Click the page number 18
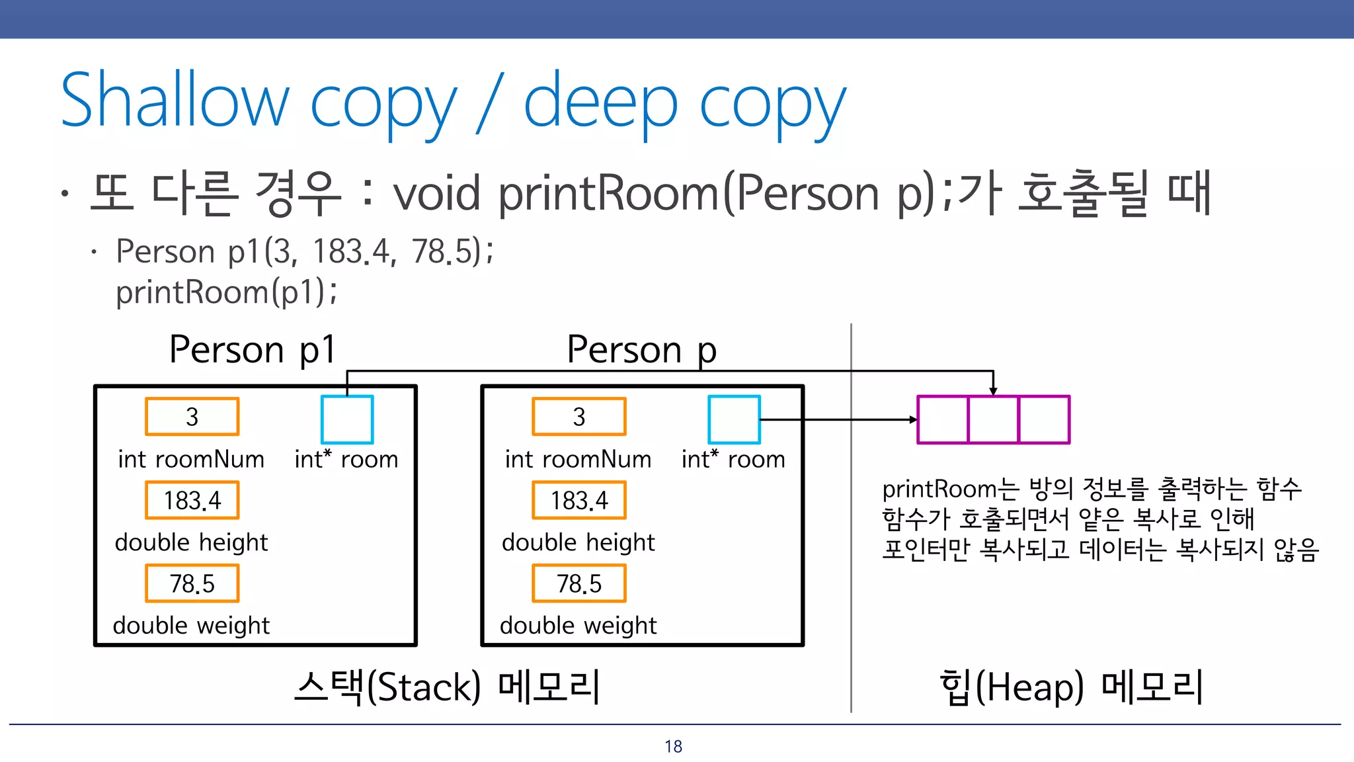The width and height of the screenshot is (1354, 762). (x=673, y=746)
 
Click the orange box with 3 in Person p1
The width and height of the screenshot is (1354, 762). (x=192, y=417)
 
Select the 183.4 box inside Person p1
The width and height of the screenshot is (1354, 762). (x=192, y=500)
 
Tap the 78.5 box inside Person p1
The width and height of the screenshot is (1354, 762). (x=192, y=583)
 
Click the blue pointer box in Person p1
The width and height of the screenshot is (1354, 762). (x=347, y=419)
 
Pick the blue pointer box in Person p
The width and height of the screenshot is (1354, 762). (x=734, y=419)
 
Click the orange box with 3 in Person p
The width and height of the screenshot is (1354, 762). (x=579, y=417)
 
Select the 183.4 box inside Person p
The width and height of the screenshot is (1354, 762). (x=579, y=500)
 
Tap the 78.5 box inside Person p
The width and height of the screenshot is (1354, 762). (x=579, y=583)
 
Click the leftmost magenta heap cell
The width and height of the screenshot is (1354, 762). (x=943, y=419)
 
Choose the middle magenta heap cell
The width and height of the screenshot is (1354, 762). (x=993, y=419)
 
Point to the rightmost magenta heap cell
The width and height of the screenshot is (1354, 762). (x=1044, y=419)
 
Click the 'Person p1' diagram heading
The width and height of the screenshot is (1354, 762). (x=253, y=349)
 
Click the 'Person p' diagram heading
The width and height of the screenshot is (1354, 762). (x=641, y=349)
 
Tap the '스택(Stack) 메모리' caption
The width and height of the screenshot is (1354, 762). (x=448, y=687)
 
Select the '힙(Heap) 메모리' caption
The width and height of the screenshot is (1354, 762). (x=1071, y=687)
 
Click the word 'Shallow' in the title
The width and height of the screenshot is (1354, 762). (x=175, y=101)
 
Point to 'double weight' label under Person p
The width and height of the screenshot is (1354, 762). (x=578, y=625)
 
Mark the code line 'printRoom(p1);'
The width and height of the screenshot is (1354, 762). (x=226, y=292)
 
